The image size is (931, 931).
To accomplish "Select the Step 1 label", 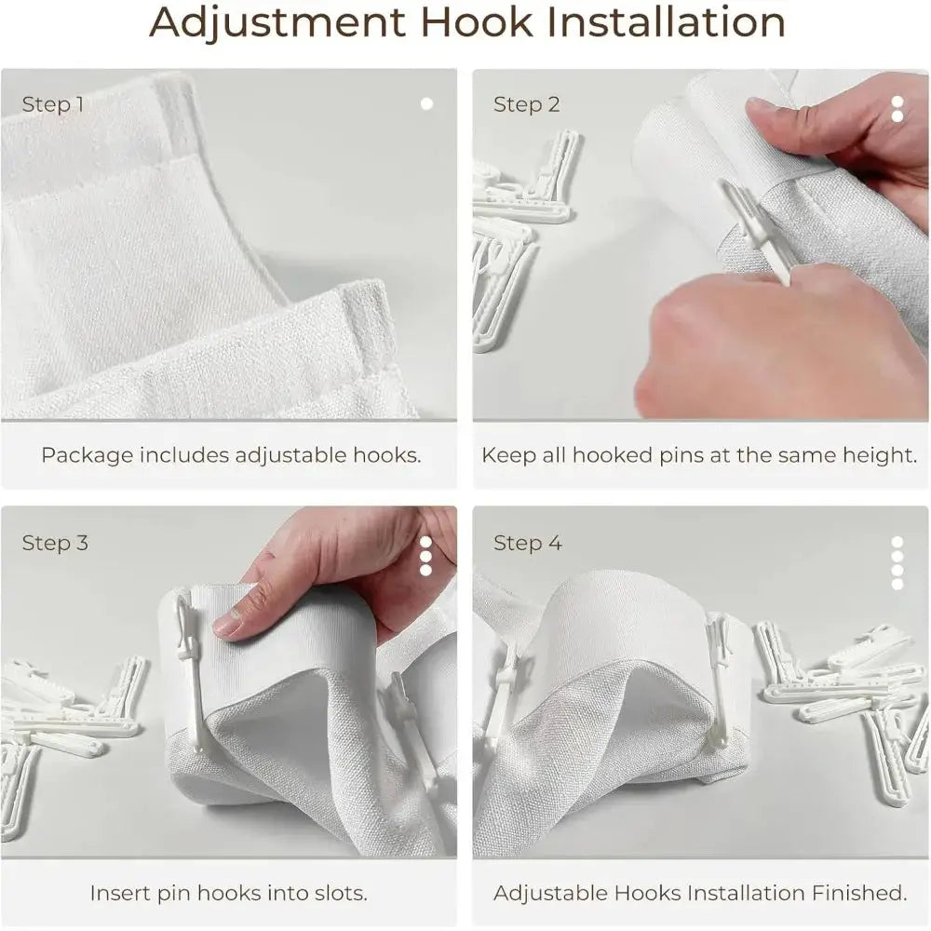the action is pyautogui.click(x=53, y=104).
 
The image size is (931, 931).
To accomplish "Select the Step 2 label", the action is pyautogui.click(x=527, y=104).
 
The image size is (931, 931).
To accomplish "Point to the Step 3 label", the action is pyautogui.click(x=55, y=543).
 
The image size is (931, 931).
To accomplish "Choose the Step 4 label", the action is pyautogui.click(x=527, y=543).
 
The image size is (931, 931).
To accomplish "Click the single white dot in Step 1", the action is pyautogui.click(x=426, y=104).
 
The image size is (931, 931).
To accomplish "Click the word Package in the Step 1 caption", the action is pyautogui.click(x=88, y=456).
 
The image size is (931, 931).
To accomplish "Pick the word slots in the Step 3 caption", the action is pyautogui.click(x=339, y=893).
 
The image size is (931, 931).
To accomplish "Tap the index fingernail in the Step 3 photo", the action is pyautogui.click(x=226, y=624).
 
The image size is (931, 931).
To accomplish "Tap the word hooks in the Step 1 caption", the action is pyautogui.click(x=386, y=456).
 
